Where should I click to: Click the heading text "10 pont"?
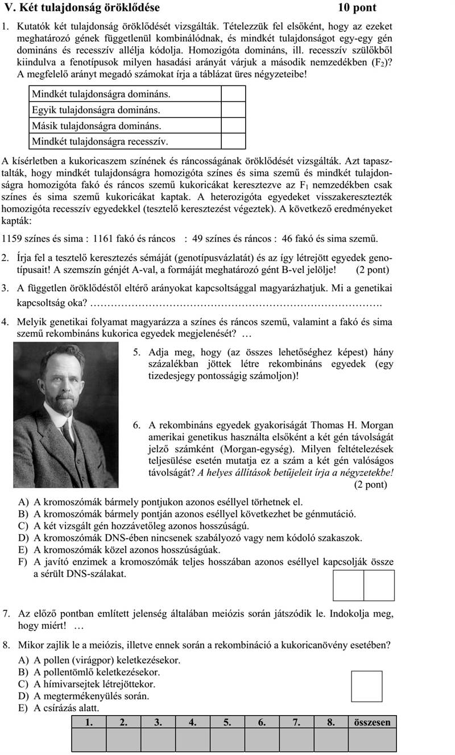tap(357, 8)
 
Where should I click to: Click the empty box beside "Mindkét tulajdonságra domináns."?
tap(233, 93)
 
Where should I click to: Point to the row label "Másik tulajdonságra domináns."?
tap(97, 125)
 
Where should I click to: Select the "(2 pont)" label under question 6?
tap(370, 485)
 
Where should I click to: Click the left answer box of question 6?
tap(348, 585)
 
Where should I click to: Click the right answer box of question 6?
tap(379, 585)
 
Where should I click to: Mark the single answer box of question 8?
tap(366, 686)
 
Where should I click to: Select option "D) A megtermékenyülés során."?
tap(84, 696)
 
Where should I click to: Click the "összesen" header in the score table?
tap(373, 723)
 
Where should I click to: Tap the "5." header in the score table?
tap(227, 723)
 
